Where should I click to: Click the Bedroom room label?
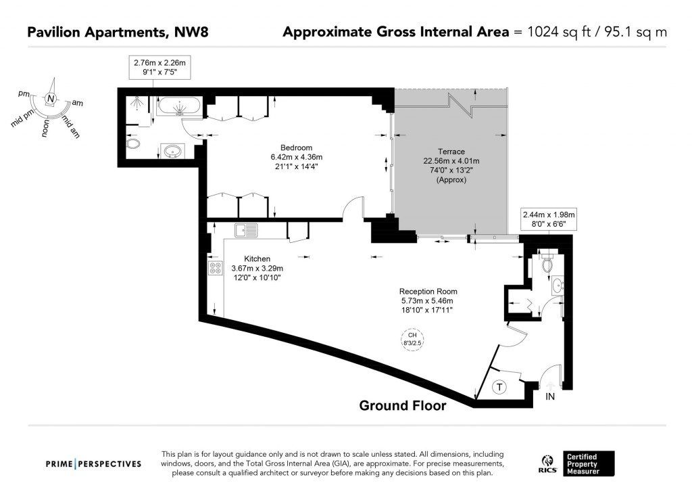[296, 148]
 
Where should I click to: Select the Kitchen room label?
[257, 258]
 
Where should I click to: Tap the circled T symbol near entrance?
[499, 388]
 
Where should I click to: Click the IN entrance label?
[550, 397]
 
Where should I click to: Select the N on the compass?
[51, 99]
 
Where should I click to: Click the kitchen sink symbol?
[245, 230]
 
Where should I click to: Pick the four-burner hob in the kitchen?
[216, 268]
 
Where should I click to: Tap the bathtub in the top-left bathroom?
[178, 106]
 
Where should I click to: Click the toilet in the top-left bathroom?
[132, 144]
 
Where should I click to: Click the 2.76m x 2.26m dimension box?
[159, 66]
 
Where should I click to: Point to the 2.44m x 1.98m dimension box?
[548, 219]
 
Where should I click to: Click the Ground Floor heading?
[402, 406]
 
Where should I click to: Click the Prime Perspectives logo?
[93, 463]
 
